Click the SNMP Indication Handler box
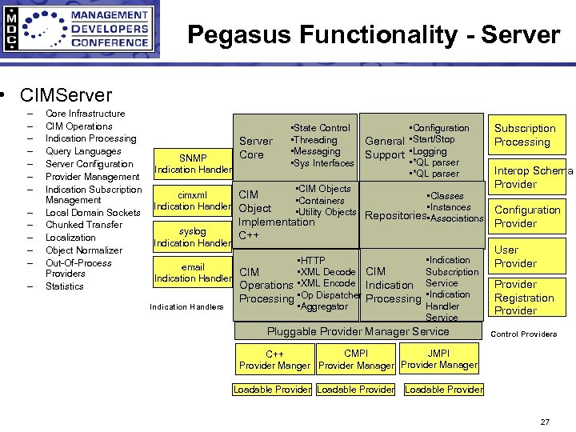tap(193, 163)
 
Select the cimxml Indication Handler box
tap(193, 201)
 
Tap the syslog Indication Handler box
tap(193, 237)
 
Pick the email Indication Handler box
tap(193, 272)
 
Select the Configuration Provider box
tap(527, 217)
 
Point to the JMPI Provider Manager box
tap(439, 359)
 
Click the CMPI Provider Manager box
tap(356, 359)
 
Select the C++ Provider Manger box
tap(274, 360)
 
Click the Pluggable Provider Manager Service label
tap(358, 331)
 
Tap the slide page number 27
tap(545, 422)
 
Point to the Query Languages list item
tap(83, 151)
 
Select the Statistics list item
tap(65, 286)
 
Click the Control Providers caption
tap(523, 334)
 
